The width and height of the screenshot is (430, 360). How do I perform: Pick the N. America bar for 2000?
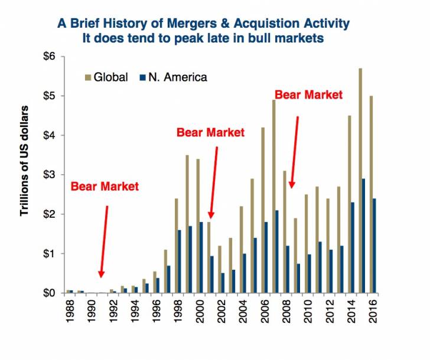pos(201,257)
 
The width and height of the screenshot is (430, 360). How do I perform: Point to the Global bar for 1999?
pos(187,224)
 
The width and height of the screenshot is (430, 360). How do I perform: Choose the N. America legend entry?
pos(178,77)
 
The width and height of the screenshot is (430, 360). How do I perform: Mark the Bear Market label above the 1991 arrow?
pos(105,186)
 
